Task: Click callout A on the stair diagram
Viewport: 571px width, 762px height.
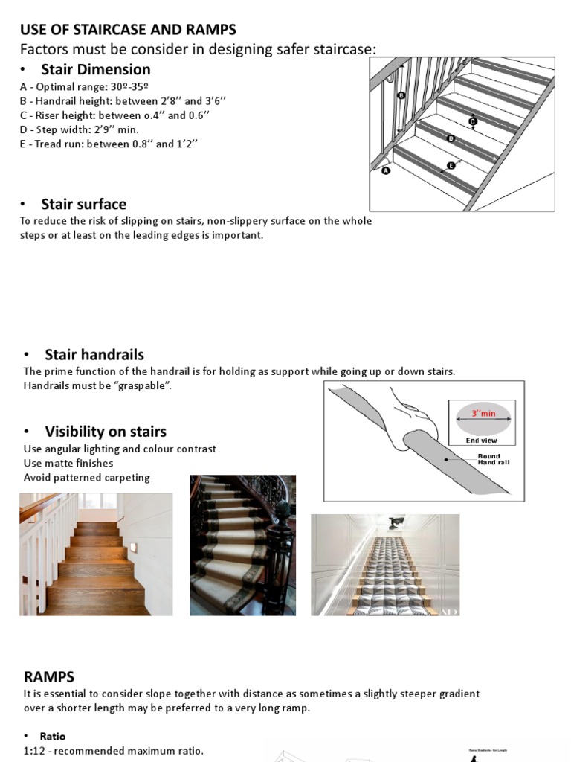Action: pyautogui.click(x=385, y=170)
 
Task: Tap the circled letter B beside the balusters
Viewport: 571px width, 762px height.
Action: pyautogui.click(x=401, y=95)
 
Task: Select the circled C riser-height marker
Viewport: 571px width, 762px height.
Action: pyautogui.click(x=472, y=121)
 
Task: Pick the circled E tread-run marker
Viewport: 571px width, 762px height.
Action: pyautogui.click(x=451, y=165)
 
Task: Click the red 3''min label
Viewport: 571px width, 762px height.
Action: pyautogui.click(x=483, y=413)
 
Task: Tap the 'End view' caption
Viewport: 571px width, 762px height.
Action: pyautogui.click(x=482, y=441)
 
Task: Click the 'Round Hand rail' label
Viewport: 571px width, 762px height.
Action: pyautogui.click(x=493, y=459)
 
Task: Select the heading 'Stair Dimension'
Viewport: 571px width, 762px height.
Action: pyautogui.click(x=95, y=69)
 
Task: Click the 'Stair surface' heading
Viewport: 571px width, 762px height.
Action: pyautogui.click(x=83, y=204)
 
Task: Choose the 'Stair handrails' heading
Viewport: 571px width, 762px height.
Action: pyautogui.click(x=94, y=354)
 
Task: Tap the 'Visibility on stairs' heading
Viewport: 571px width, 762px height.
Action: pyautogui.click(x=105, y=432)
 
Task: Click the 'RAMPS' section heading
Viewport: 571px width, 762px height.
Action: pyautogui.click(x=49, y=676)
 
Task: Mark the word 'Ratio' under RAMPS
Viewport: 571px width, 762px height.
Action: pyautogui.click(x=53, y=736)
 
